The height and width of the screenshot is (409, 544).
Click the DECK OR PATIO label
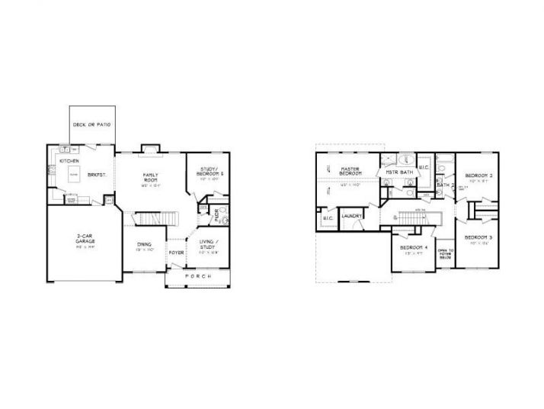[x=92, y=124]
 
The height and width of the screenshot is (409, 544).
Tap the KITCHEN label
[x=70, y=162]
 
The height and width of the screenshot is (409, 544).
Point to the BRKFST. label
[x=97, y=175]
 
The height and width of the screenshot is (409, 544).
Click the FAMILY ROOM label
[x=149, y=178]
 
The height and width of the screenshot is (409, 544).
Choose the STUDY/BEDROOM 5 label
[x=211, y=172]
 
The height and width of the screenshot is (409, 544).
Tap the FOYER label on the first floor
[x=176, y=251]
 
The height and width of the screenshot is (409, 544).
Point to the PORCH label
[x=197, y=275]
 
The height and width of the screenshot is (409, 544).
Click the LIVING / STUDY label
[x=208, y=244]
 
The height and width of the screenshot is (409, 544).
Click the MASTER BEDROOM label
[x=350, y=171]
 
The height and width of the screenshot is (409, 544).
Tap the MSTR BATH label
[x=398, y=172]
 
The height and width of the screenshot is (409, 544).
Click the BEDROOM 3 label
[x=478, y=237]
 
